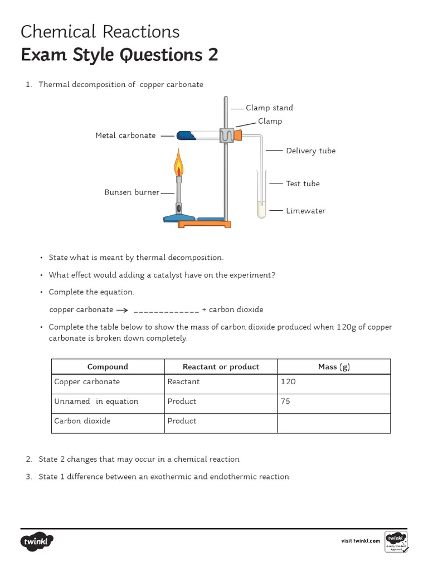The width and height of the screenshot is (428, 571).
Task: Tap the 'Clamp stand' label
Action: click(x=269, y=108)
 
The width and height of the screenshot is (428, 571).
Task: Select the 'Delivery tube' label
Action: click(x=310, y=151)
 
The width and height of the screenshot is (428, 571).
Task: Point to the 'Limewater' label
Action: click(x=305, y=211)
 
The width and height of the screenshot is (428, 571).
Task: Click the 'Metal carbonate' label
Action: click(x=125, y=136)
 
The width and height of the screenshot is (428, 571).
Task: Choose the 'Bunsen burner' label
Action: click(x=132, y=192)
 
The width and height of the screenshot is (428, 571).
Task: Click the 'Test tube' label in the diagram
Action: click(x=303, y=183)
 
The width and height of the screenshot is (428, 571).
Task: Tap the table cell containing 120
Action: click(x=333, y=382)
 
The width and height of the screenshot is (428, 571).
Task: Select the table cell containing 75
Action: click(x=333, y=401)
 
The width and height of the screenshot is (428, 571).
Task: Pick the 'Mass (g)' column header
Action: click(x=333, y=366)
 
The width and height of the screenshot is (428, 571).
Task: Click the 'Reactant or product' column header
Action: click(x=221, y=366)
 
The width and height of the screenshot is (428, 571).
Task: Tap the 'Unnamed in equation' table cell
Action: click(x=96, y=401)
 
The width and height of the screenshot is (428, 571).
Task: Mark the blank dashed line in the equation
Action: click(x=166, y=311)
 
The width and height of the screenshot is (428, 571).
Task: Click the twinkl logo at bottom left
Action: click(x=38, y=541)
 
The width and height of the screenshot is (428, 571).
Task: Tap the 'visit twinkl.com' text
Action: click(x=360, y=541)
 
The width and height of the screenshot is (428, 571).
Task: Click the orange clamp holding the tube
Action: click(x=239, y=135)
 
